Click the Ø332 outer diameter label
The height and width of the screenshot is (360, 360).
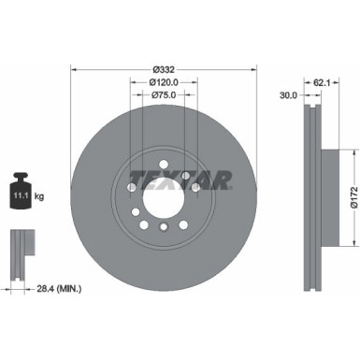pyautogui.click(x=165, y=68)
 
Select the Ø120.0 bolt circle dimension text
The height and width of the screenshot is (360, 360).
pyautogui.click(x=165, y=82)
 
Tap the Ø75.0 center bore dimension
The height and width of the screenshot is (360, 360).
pyautogui.click(x=165, y=94)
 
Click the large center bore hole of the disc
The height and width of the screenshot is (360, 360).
pyautogui.click(x=162, y=199)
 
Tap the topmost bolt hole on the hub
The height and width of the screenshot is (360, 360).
pyautogui.click(x=162, y=172)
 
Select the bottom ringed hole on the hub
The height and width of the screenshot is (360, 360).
pyautogui.click(x=162, y=227)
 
